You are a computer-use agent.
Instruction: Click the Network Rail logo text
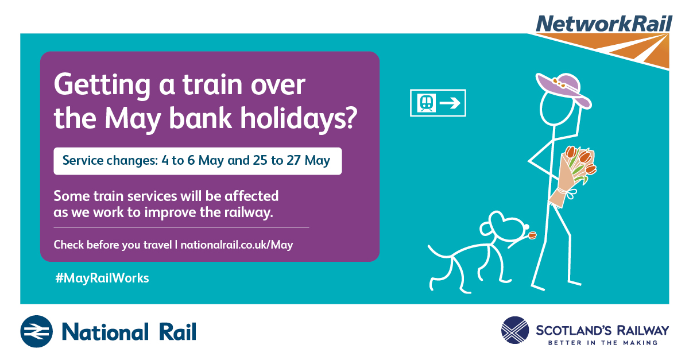[604, 24]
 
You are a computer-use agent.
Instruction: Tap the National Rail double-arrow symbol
[37, 331]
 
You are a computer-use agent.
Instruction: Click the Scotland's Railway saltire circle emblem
[515, 330]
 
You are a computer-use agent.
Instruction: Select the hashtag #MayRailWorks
[102, 278]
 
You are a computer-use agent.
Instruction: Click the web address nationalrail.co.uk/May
[237, 245]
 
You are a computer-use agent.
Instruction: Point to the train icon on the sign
[426, 103]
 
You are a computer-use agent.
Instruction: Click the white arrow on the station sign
[450, 103]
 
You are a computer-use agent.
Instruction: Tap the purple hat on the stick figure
[563, 90]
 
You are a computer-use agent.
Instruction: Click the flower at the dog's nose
[532, 235]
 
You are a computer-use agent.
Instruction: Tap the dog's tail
[440, 251]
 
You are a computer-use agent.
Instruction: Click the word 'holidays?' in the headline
[299, 118]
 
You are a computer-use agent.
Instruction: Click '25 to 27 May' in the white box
[292, 161]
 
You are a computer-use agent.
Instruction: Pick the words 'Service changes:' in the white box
[110, 161]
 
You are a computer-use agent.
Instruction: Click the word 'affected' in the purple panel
[251, 196]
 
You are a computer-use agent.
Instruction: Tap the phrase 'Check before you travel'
[113, 245]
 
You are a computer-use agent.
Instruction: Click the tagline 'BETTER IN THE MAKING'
[602, 343]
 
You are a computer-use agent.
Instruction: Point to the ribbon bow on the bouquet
[570, 194]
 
